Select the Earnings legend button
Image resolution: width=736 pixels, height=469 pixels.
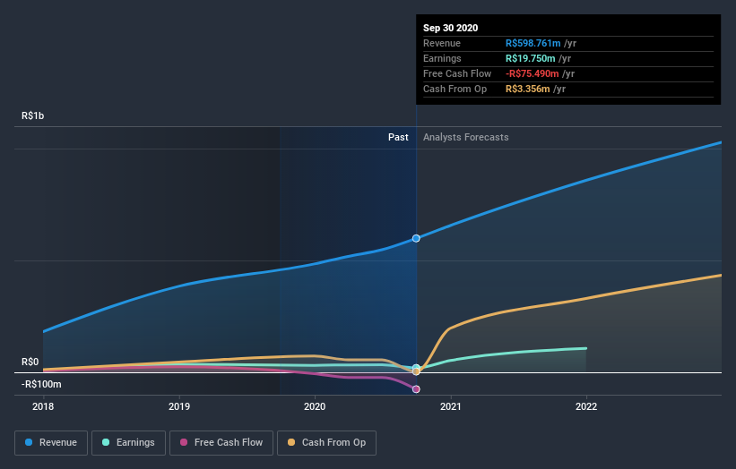(x=128, y=442)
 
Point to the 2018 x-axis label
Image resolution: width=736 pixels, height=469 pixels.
(x=43, y=406)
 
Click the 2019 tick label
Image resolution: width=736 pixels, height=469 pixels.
(x=179, y=406)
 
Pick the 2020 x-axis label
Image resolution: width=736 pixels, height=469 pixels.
(x=315, y=406)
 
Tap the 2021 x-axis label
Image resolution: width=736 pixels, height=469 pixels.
(x=450, y=406)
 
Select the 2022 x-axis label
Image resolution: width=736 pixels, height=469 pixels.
(x=586, y=406)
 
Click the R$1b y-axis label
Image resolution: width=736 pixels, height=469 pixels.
(x=33, y=116)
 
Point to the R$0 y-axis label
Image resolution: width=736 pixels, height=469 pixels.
(x=30, y=362)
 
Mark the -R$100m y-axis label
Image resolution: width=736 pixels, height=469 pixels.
(x=42, y=385)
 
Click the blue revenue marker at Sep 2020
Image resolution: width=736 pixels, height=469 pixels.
(x=416, y=238)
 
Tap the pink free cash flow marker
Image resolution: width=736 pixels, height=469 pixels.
(x=416, y=389)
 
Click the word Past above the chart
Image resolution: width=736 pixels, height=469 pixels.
(x=398, y=138)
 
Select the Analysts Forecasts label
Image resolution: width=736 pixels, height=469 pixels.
(x=465, y=138)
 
